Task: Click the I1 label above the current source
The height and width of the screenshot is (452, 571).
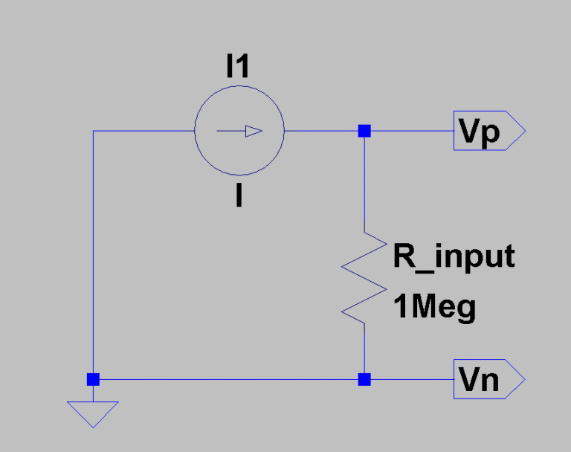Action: [238, 68]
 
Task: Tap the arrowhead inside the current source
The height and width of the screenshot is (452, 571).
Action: [254, 132]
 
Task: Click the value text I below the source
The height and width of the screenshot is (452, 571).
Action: [238, 196]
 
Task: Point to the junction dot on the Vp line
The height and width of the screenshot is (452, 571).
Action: [364, 132]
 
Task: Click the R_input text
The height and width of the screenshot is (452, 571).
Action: [454, 256]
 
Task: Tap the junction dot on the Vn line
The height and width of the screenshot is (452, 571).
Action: [364, 379]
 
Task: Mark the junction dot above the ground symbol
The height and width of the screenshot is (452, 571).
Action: [93, 379]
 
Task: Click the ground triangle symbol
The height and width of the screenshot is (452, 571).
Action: [93, 413]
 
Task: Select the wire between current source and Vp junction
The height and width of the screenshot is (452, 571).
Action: [323, 132]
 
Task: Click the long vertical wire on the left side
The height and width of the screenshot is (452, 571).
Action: [93, 253]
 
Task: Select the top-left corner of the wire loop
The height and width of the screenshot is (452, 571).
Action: [93, 132]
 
